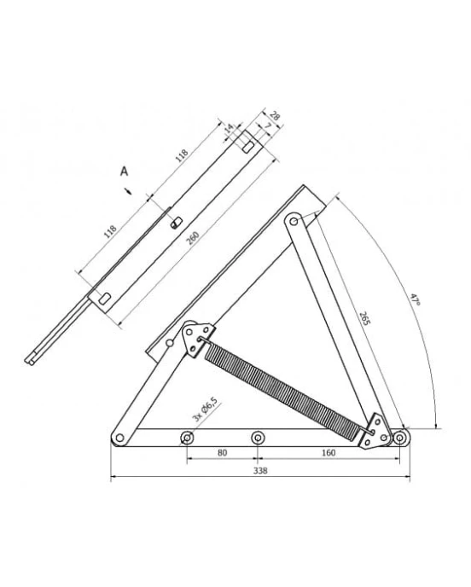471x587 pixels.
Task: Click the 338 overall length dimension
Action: (260, 471)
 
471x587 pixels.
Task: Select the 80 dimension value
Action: (222, 452)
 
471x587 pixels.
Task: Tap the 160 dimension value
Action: (329, 452)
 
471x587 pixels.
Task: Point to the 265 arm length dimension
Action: (364, 318)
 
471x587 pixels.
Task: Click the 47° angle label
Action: (414, 299)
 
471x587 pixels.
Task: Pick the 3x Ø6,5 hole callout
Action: (205, 410)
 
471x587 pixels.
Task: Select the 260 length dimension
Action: (194, 239)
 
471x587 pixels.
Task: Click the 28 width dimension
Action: (275, 116)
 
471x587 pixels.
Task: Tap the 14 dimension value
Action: (229, 128)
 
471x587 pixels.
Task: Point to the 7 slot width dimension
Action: (267, 126)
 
